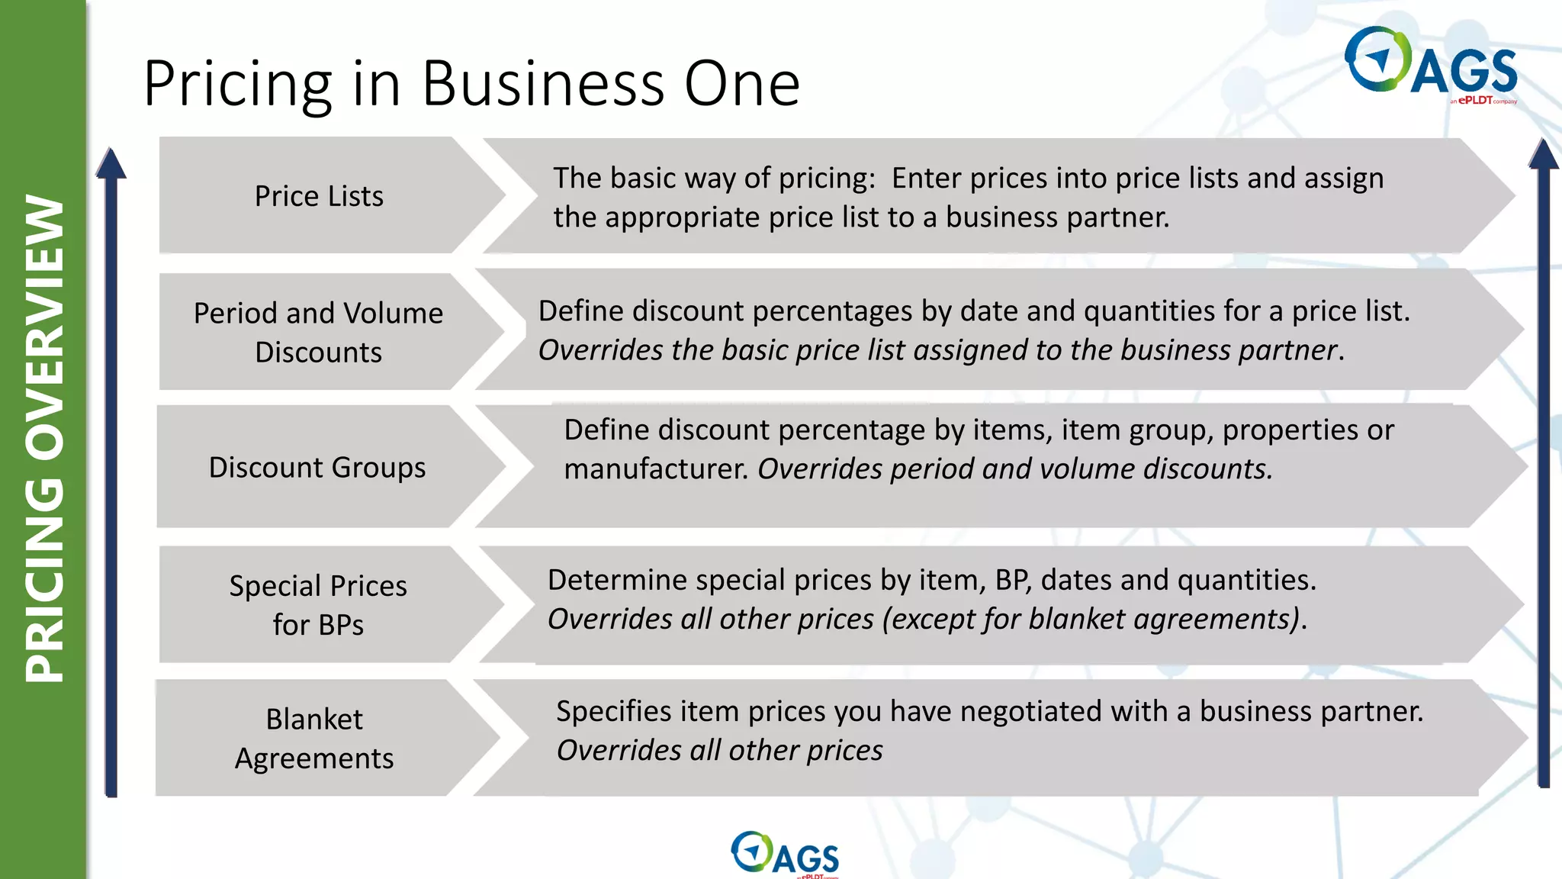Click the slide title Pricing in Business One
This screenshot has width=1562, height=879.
click(471, 84)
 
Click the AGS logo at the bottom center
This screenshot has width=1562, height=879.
click(785, 855)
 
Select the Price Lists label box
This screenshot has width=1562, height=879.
click(319, 196)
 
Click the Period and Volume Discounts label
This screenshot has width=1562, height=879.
click(318, 333)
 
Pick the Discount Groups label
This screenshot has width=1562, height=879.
click(317, 467)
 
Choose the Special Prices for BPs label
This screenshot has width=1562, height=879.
click(318, 605)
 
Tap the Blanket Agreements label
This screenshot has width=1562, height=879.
click(314, 739)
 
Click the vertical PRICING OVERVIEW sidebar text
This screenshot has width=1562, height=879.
click(44, 439)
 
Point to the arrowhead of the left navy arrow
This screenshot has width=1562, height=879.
click(111, 164)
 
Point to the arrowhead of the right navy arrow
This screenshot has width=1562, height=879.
click(1544, 155)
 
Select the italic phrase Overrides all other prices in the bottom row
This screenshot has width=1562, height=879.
click(719, 751)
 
